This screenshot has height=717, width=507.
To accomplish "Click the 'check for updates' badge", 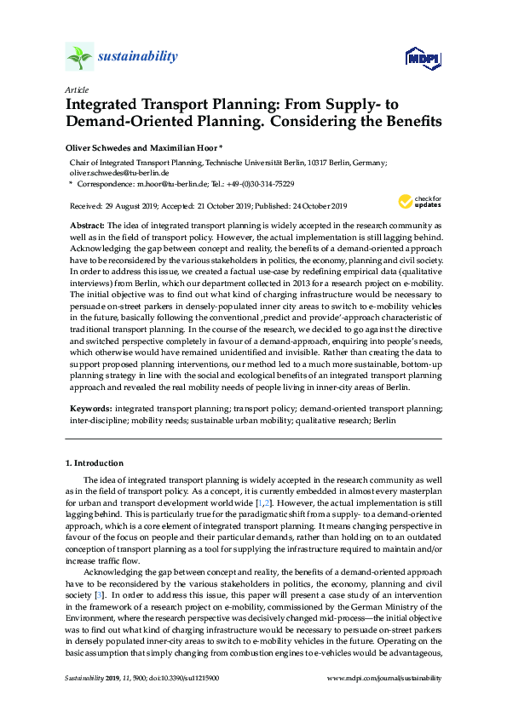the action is coord(418,202).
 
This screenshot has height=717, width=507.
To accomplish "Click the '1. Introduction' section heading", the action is coord(95,463).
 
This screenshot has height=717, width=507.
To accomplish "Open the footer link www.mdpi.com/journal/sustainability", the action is coord(384,703).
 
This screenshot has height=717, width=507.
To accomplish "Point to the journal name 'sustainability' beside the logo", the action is coord(138,57).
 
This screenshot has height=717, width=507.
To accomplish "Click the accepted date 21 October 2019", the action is coord(226,206).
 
